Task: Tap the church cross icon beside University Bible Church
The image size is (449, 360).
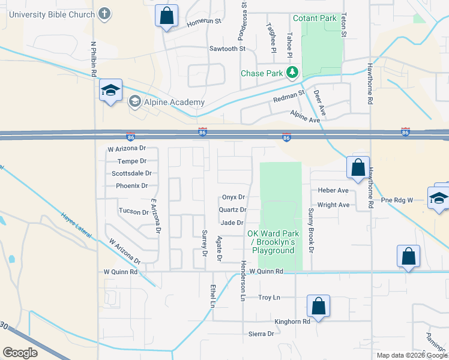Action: coord(104,14)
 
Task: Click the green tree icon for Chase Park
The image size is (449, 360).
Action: coord(292,73)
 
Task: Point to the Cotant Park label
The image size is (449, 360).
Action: coord(315,19)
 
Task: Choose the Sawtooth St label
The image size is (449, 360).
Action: coord(228,49)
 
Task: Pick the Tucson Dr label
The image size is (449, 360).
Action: coord(133,211)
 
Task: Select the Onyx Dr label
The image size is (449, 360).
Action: coord(234,197)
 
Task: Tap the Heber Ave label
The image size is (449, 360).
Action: coord(333,191)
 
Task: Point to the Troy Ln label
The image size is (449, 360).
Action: coord(269,298)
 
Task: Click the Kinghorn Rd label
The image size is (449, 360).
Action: coord(292,321)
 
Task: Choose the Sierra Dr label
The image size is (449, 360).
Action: coord(261,334)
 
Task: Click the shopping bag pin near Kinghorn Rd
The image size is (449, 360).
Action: coord(318,306)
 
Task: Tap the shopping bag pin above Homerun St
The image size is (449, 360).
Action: coord(166,16)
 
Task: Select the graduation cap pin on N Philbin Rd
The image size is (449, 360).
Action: coord(111,91)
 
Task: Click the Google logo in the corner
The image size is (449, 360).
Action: coord(20,353)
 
